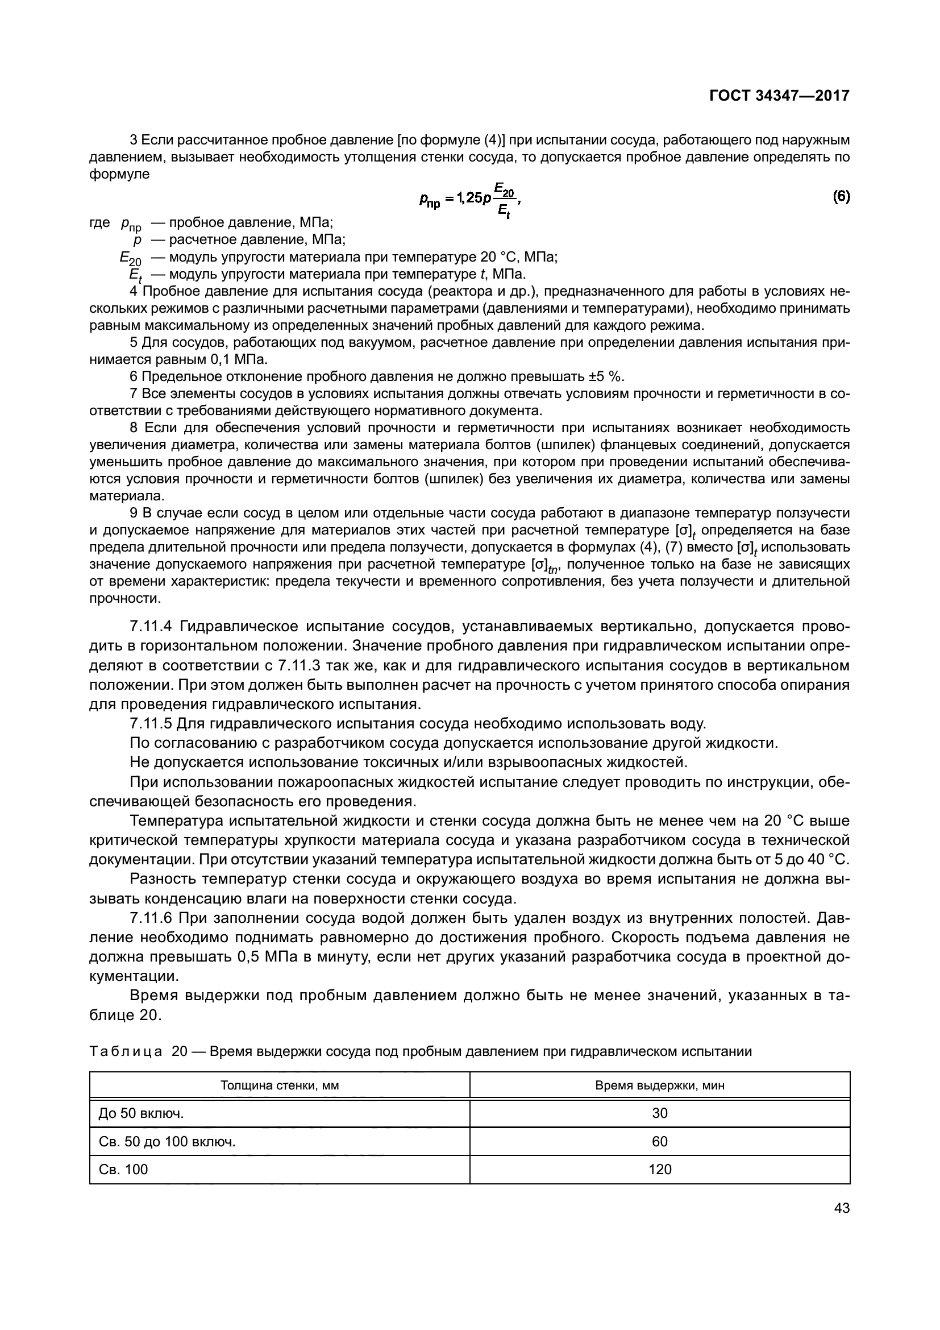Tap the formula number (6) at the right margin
click(841, 197)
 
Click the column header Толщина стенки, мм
click(280, 1085)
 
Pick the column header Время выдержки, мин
click(659, 1085)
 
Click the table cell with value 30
click(659, 1113)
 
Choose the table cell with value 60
click(659, 1142)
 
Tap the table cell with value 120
click(659, 1170)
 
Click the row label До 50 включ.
click(142, 1113)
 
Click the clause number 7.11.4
click(151, 627)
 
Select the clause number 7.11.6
click(151, 918)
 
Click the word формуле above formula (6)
click(119, 175)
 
